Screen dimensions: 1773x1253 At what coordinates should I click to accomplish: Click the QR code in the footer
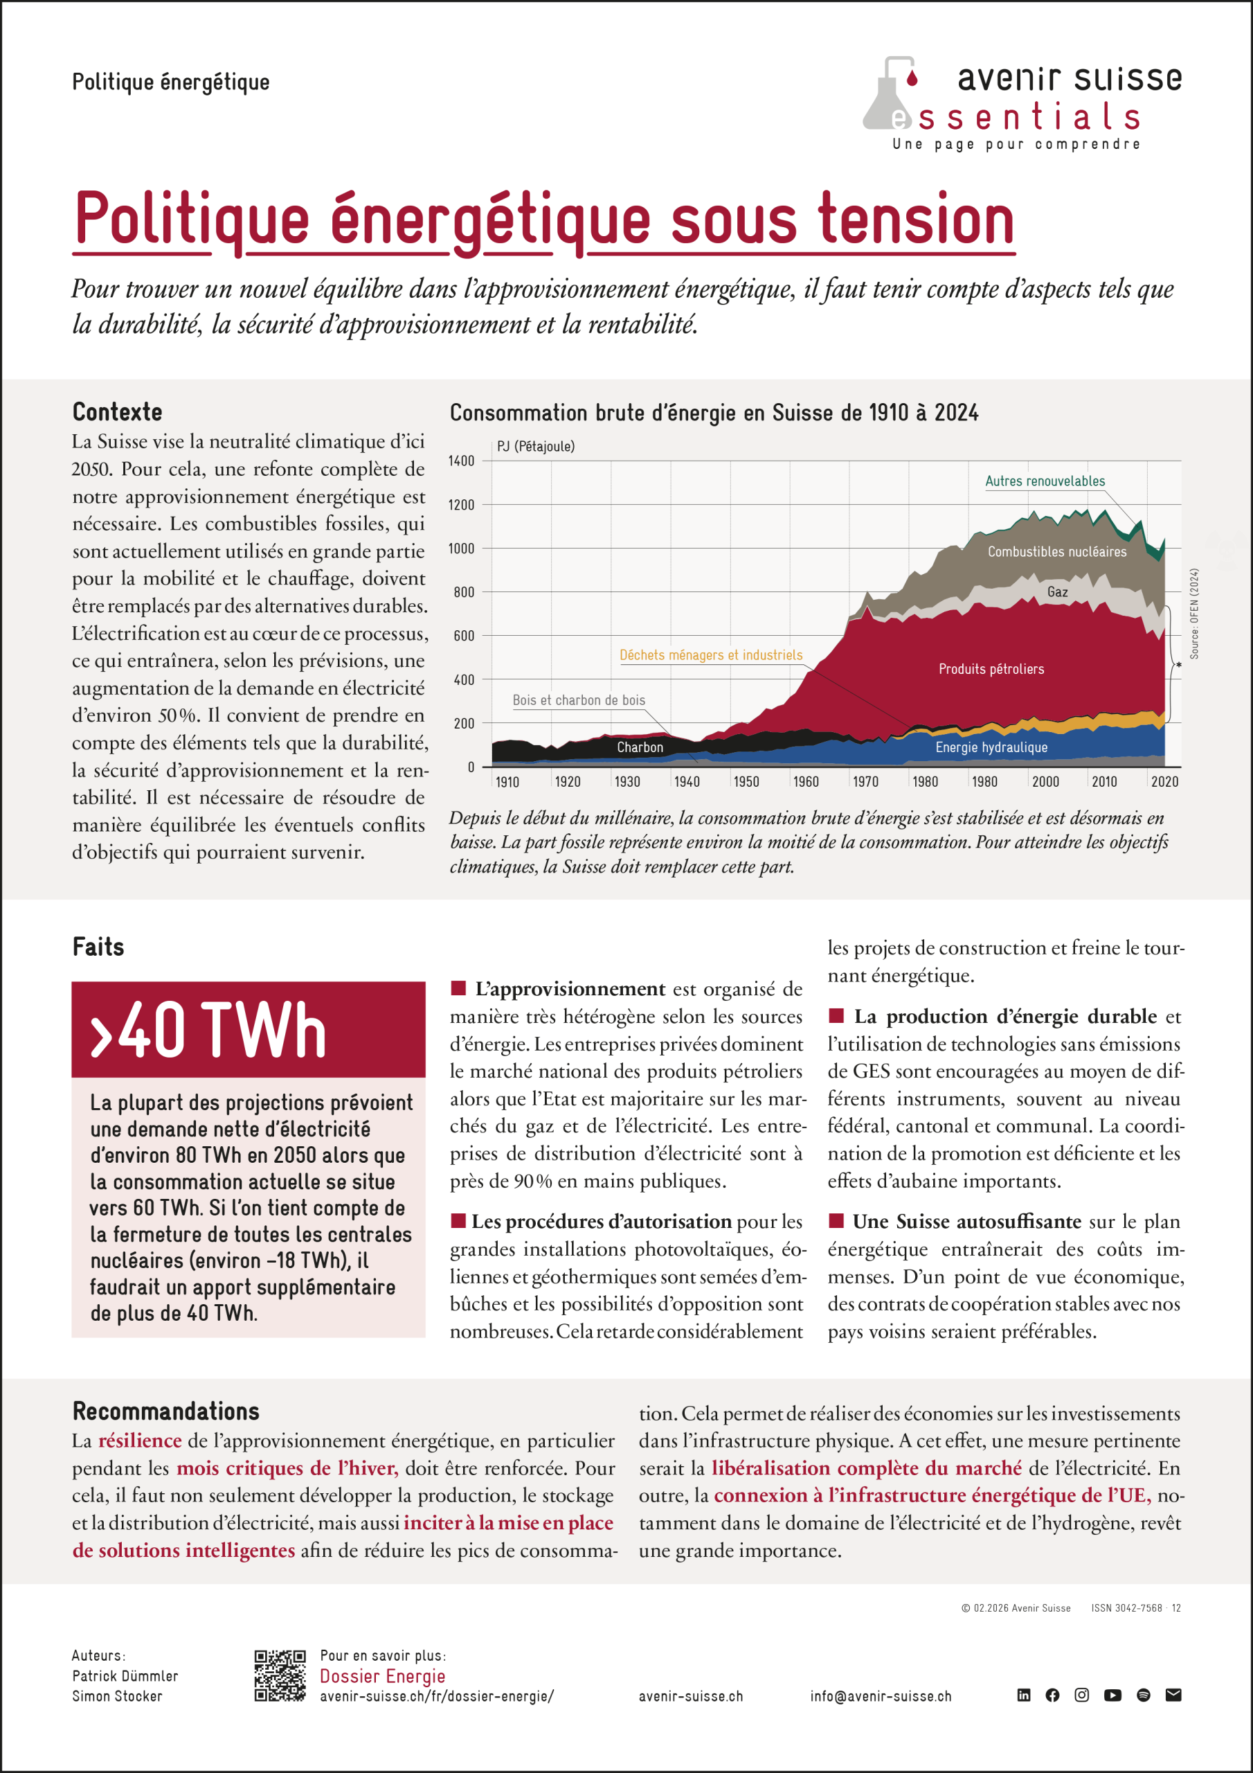(x=280, y=1676)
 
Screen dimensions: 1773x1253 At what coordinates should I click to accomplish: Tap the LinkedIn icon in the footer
(x=1024, y=1695)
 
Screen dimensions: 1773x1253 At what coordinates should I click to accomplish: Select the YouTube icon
(x=1112, y=1695)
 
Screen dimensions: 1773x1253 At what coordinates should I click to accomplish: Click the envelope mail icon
(x=1173, y=1695)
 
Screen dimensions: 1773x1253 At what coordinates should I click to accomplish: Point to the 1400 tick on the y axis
(x=462, y=461)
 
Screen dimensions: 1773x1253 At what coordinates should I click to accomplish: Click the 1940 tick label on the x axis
(x=686, y=781)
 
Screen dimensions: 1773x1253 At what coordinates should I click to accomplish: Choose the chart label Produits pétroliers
(x=991, y=669)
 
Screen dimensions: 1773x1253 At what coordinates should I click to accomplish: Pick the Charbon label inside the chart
(x=640, y=747)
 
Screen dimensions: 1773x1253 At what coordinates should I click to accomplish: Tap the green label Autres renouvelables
(x=1045, y=481)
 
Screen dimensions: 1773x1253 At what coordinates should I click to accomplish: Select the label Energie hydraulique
(x=991, y=747)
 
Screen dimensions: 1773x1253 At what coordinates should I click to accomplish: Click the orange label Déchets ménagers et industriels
(x=711, y=655)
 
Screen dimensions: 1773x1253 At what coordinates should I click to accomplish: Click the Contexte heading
(x=118, y=411)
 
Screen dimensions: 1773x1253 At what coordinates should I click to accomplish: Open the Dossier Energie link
(x=382, y=1676)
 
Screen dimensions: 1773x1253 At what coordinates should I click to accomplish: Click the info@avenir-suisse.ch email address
(x=881, y=1697)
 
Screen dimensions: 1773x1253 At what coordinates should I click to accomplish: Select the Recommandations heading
(x=166, y=1411)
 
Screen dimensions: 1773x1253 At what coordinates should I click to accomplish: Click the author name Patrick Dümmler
(x=125, y=1676)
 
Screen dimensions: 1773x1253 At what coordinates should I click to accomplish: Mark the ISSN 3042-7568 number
(x=1126, y=1607)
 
